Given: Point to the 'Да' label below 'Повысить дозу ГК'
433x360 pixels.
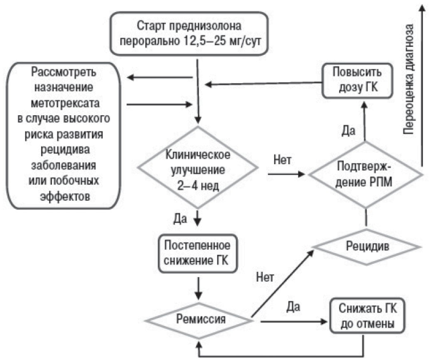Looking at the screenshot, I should click(x=348, y=130).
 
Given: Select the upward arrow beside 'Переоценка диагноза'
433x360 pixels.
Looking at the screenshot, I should click(x=423, y=83).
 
